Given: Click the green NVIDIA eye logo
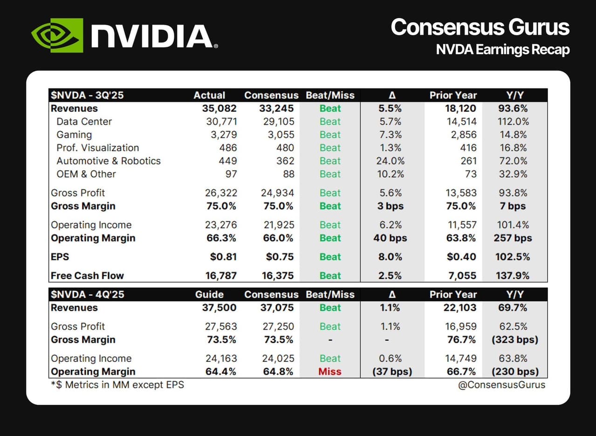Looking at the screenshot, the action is [x=57, y=35].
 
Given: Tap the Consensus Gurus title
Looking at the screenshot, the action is [x=480, y=27].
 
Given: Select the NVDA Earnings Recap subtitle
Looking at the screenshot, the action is [x=503, y=49].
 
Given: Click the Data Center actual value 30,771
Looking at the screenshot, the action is [x=221, y=122].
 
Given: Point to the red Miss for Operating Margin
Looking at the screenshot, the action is [x=329, y=371].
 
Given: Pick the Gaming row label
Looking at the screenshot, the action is [x=74, y=135].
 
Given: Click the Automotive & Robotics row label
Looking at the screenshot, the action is [x=109, y=161].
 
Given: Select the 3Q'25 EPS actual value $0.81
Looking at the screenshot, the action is [x=223, y=256].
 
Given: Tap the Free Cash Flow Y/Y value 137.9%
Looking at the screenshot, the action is [x=513, y=276].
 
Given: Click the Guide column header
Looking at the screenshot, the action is [x=209, y=294].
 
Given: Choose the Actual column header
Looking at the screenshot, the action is [x=209, y=95].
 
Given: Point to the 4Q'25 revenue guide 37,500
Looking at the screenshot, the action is [x=219, y=308].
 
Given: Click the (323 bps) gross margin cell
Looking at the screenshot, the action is [x=515, y=339].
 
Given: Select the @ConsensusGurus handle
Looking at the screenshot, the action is [x=501, y=385].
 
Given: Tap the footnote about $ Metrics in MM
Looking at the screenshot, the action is [x=117, y=385].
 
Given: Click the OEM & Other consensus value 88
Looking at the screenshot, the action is [x=289, y=174].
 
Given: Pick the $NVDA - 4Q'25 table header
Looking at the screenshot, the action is [x=88, y=294].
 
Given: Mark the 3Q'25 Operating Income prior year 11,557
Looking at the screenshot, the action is [x=462, y=225].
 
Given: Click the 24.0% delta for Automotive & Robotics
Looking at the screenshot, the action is [x=390, y=161].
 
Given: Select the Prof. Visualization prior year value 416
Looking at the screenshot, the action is [x=468, y=148].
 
